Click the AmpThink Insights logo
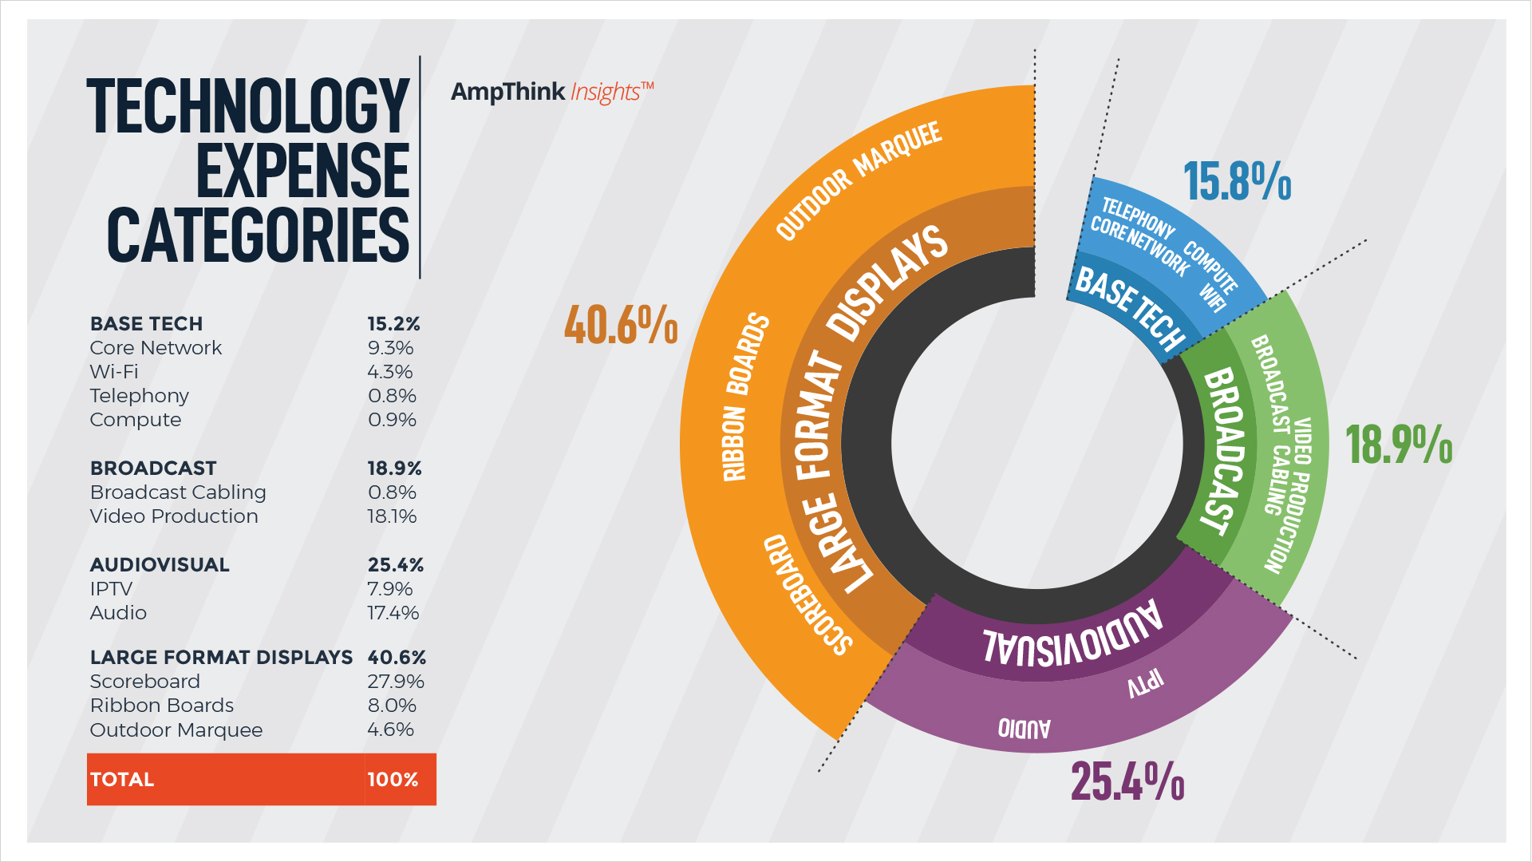tap(551, 93)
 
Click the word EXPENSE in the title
tap(302, 171)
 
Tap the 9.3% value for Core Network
tap(390, 348)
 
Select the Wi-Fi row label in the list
tap(114, 372)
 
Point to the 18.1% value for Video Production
tap(392, 516)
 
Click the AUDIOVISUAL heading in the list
tap(160, 565)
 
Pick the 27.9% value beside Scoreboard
tap(395, 682)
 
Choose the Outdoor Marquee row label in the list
tap(176, 730)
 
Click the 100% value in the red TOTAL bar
tap(393, 780)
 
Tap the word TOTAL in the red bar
tap(122, 780)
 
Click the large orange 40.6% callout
tap(621, 326)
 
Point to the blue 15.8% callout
tap(1237, 182)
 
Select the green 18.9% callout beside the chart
tap(1399, 445)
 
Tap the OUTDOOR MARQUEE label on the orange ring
tap(859, 180)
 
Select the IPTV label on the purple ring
tap(1145, 684)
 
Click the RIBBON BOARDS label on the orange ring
tap(745, 397)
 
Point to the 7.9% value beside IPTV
tap(390, 589)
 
